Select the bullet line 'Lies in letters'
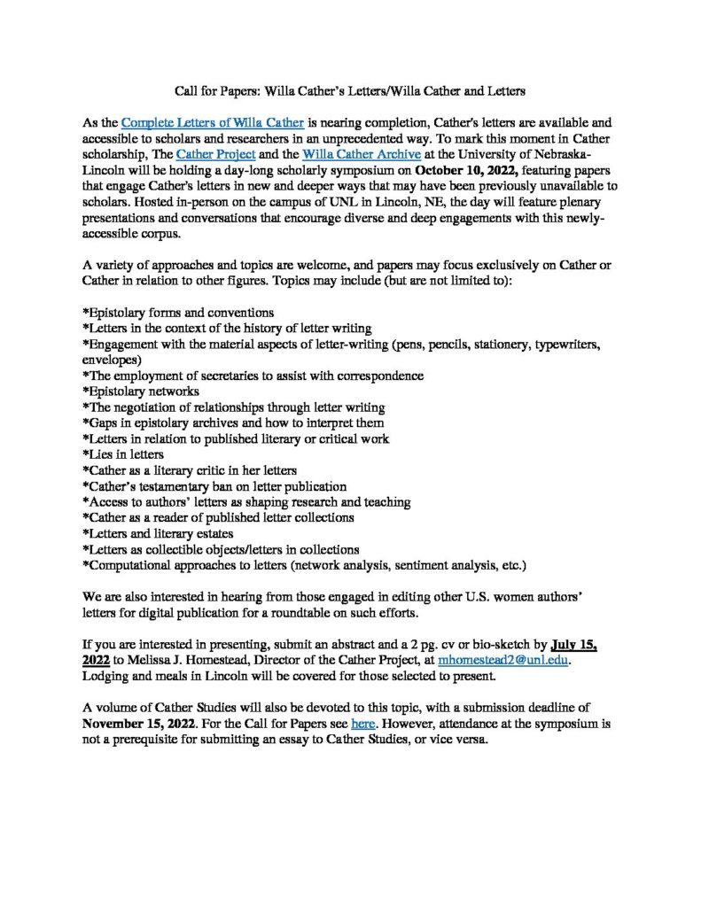123,453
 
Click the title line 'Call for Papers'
349,89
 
